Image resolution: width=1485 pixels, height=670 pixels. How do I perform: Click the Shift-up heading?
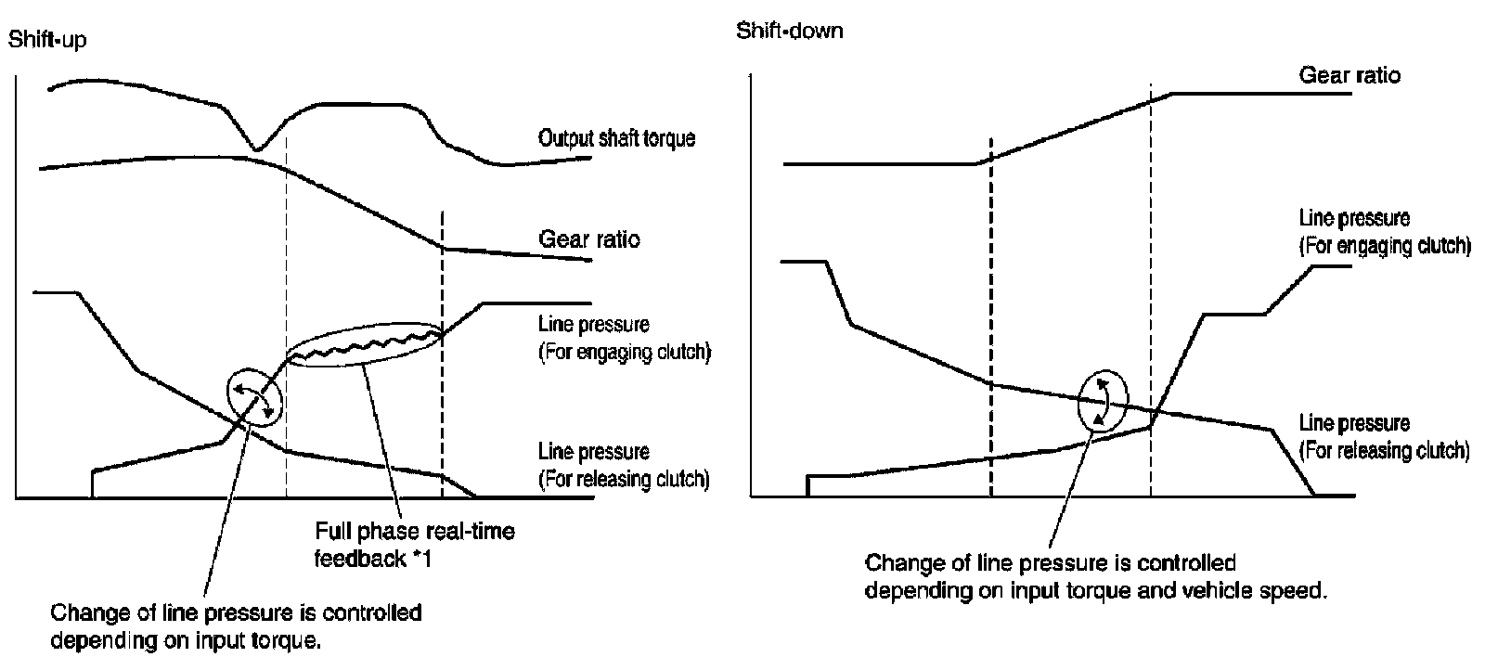click(47, 40)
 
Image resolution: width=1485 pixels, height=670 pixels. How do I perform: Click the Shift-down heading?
click(790, 31)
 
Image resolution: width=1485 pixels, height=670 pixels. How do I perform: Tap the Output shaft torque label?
click(616, 139)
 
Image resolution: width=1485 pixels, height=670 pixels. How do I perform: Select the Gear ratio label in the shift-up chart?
click(589, 239)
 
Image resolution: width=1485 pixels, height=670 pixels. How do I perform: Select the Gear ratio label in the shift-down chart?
click(1349, 75)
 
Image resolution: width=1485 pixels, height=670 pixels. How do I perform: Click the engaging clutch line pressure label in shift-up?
click(624, 339)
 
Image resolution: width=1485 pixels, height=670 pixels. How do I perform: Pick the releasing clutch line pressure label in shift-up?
click(624, 466)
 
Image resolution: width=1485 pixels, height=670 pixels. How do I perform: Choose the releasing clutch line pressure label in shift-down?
click(1384, 437)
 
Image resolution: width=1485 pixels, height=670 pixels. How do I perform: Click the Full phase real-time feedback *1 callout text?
click(414, 545)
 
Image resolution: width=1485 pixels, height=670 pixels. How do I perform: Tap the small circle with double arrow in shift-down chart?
click(1104, 400)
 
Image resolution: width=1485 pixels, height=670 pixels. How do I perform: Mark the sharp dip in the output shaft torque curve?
click(257, 147)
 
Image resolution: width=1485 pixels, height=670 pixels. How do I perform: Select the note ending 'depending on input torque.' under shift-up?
click(236, 627)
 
